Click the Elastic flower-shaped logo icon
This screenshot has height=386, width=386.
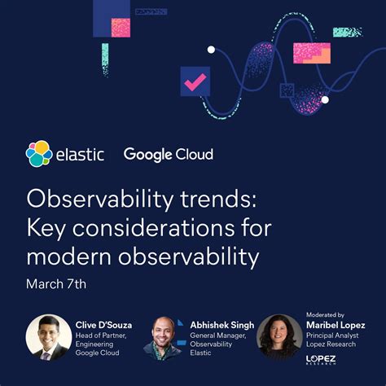pos(39,153)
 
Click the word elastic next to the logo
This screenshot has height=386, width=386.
pos(80,154)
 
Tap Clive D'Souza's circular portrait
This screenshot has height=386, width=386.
pos(49,337)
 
